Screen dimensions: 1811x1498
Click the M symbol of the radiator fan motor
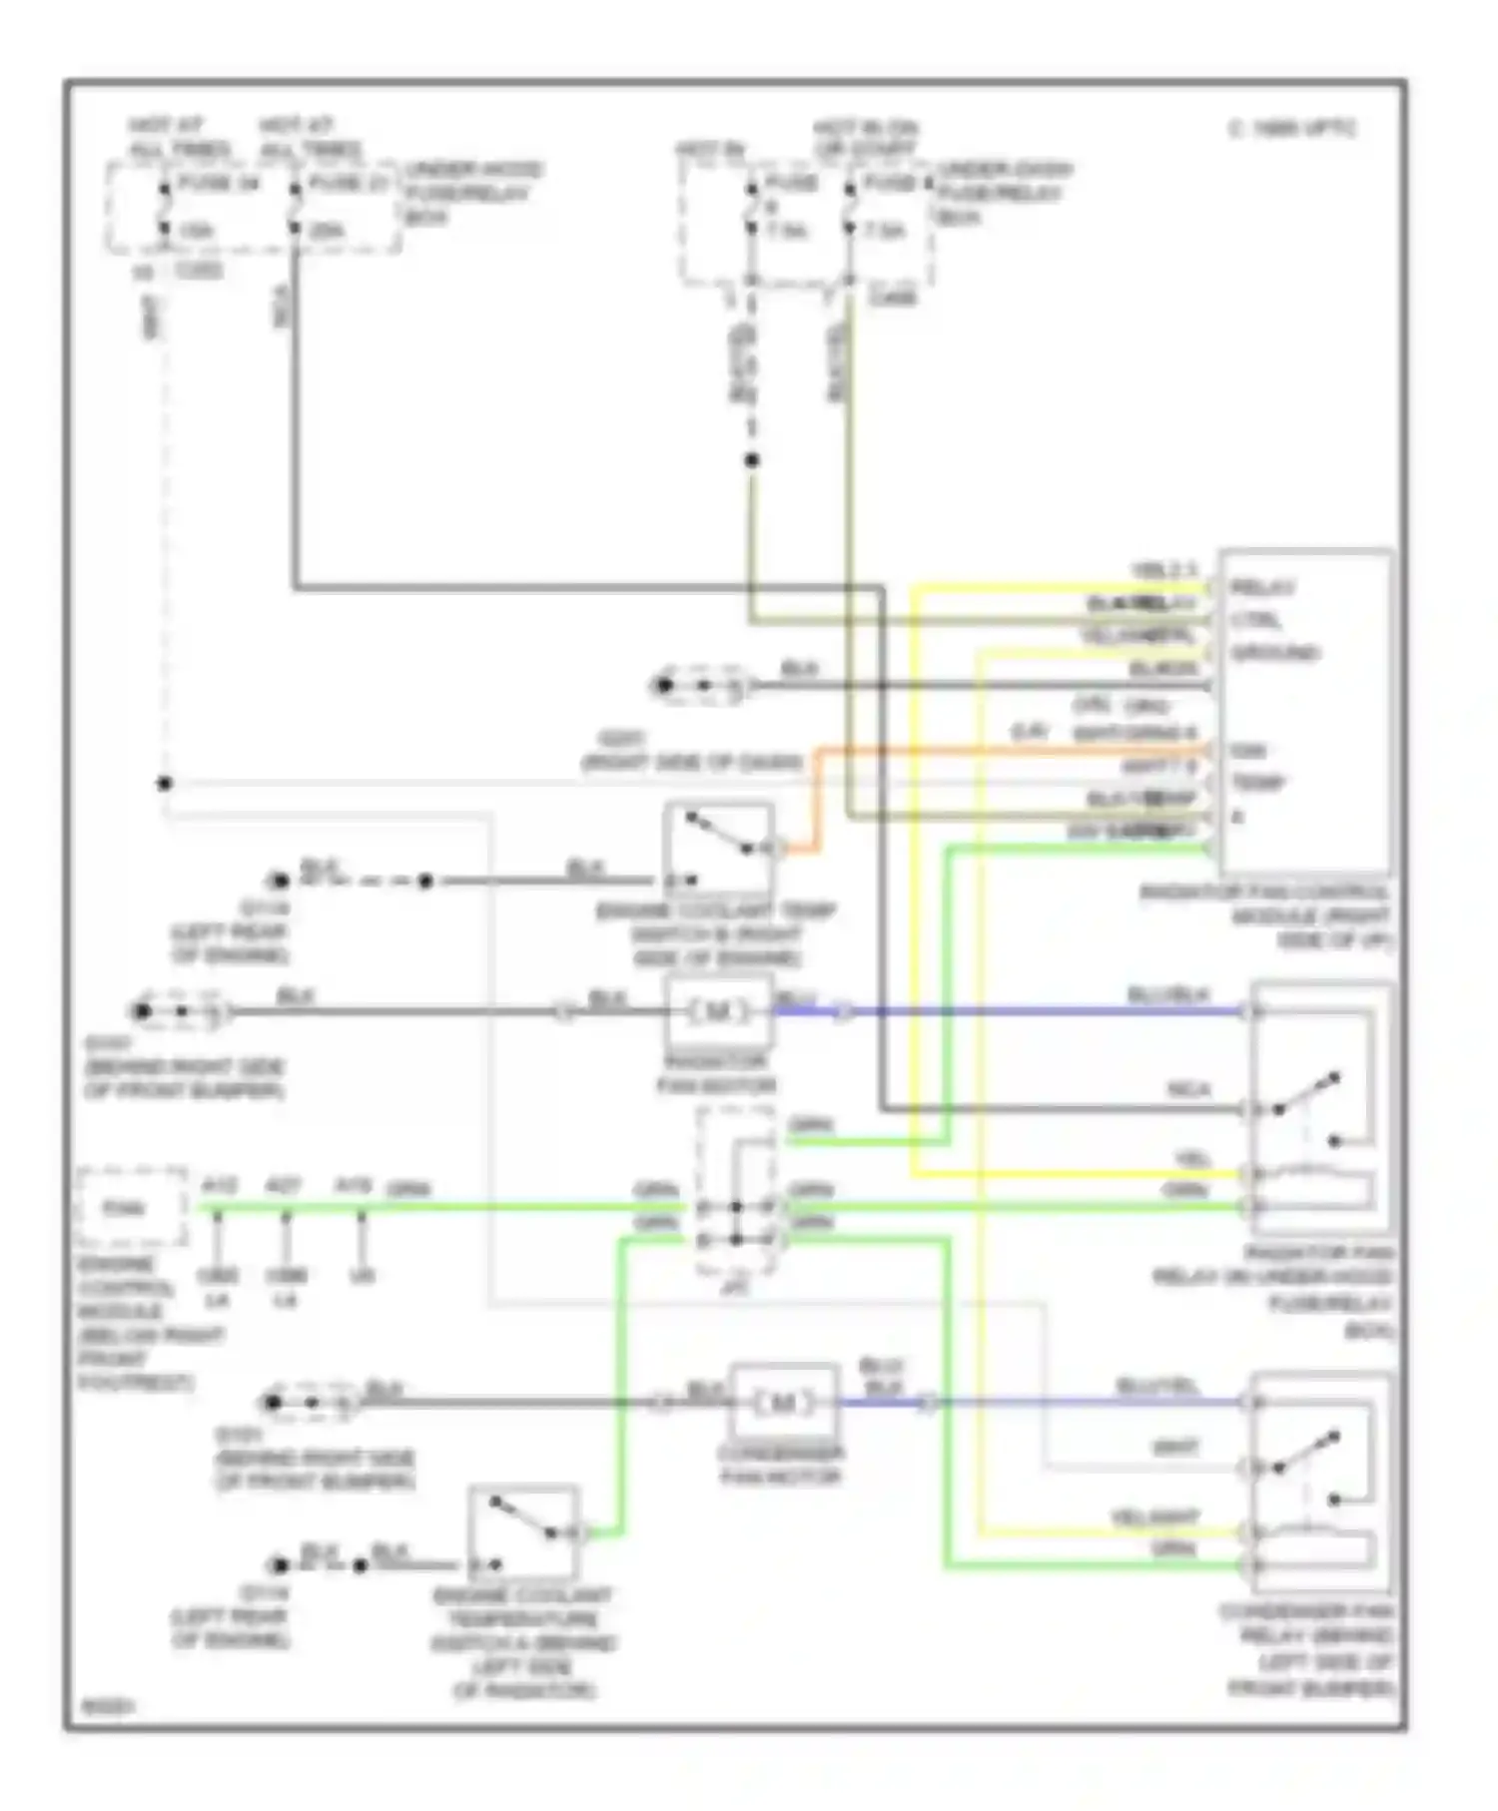(x=717, y=1011)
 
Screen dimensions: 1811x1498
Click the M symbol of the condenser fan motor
(x=782, y=1403)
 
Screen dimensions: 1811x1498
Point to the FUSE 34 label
(x=218, y=184)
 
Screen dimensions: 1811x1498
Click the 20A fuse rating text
(x=327, y=231)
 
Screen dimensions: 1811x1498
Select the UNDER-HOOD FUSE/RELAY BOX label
(x=472, y=193)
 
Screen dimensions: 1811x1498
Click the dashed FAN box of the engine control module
(x=131, y=1207)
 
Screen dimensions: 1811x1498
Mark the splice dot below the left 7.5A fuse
(x=752, y=460)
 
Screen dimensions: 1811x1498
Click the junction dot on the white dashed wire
(x=165, y=784)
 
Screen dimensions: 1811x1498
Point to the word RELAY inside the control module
(x=1262, y=587)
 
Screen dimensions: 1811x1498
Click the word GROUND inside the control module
(x=1275, y=653)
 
